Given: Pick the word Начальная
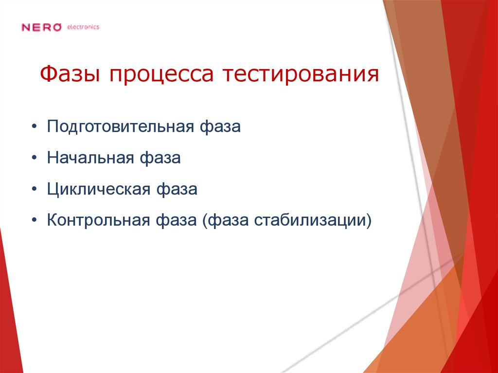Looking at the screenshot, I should click(90, 159).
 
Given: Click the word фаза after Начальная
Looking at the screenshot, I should click(160, 159).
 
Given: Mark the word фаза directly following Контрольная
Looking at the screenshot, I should click(175, 220).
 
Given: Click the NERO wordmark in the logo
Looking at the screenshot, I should click(42, 27).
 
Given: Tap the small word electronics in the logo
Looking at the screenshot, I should click(83, 27).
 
